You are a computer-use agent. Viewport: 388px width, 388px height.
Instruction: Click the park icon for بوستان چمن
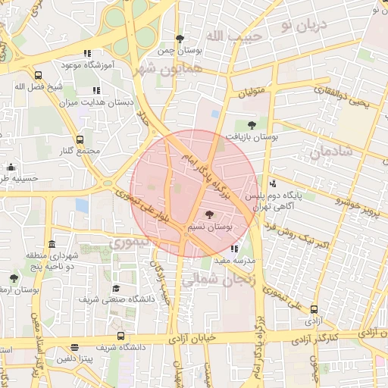pyautogui.click(x=179, y=39)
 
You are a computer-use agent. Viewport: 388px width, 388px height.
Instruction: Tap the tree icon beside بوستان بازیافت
pyautogui.click(x=252, y=126)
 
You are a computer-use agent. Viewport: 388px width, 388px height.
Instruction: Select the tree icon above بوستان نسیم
pyautogui.click(x=209, y=214)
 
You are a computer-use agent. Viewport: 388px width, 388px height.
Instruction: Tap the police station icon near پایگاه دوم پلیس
pyautogui.click(x=273, y=183)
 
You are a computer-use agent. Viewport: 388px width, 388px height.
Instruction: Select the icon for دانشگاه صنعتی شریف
pyautogui.click(x=116, y=288)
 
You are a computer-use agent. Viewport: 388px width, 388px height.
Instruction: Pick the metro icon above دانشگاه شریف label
pyautogui.click(x=120, y=336)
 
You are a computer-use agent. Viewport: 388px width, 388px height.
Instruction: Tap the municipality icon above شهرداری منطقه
pyautogui.click(x=52, y=244)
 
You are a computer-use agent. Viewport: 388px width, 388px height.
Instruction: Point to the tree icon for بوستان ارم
pyautogui.click(x=14, y=278)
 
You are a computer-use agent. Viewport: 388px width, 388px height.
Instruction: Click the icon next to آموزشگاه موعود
pyautogui.click(x=88, y=54)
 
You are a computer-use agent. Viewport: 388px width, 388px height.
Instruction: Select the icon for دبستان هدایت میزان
pyautogui.click(x=96, y=90)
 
